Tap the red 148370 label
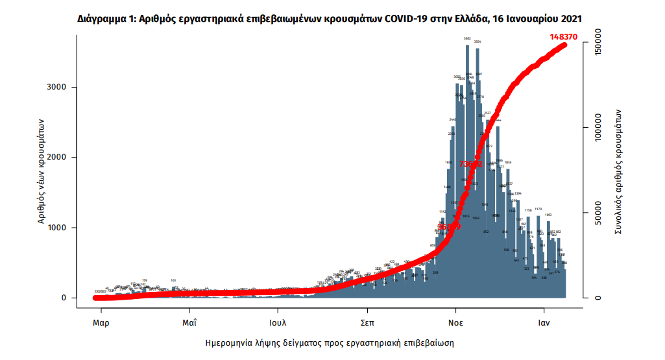(564, 37)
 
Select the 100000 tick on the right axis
(598, 128)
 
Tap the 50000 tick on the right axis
(598, 213)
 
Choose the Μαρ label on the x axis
(100, 322)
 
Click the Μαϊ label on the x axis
(189, 322)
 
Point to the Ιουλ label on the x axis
(278, 322)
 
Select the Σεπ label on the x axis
(367, 322)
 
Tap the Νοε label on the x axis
(455, 322)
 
